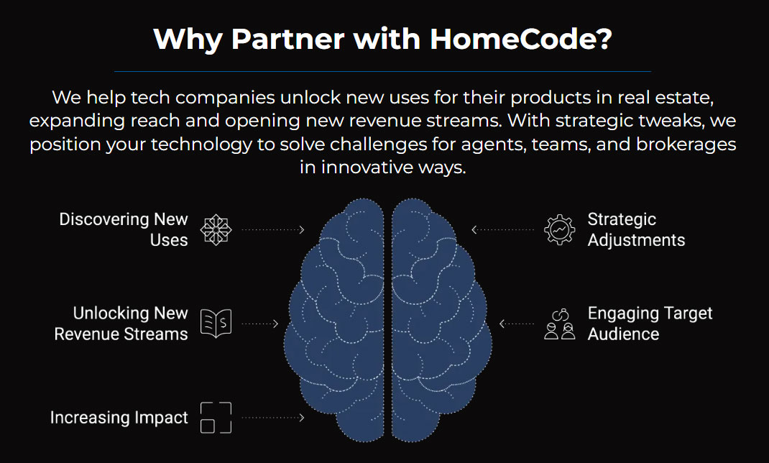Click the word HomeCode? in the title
point(521,39)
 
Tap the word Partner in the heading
point(287,39)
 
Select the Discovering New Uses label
point(124,229)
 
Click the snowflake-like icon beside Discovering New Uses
point(216,229)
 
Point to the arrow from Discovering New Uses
point(273,229)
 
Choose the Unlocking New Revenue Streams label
point(121,324)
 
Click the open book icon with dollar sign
point(216,324)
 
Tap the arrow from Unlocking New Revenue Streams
point(260,324)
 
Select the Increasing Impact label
point(119,418)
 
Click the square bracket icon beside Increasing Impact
point(216,418)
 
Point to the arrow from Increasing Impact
point(273,418)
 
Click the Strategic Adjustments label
point(636,229)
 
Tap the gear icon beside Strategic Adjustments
point(560,229)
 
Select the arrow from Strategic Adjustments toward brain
point(502,229)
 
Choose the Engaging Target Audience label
point(650,324)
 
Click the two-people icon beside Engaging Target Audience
point(560,324)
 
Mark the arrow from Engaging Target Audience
point(517,324)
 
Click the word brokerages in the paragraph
point(686,145)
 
